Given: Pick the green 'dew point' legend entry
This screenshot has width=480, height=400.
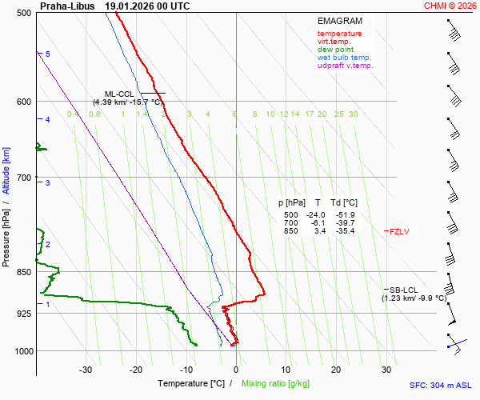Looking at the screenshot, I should pyautogui.click(x=336, y=50).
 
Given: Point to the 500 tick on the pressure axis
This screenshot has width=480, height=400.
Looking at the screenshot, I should pyautogui.click(x=24, y=14).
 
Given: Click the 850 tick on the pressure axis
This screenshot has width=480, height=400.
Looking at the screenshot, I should pyautogui.click(x=24, y=273).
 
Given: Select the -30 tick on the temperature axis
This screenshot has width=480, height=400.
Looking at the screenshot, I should pyautogui.click(x=86, y=370).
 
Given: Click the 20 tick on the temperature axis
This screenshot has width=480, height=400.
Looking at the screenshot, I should pyautogui.click(x=336, y=370).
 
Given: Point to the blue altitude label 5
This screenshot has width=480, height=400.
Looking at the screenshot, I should pyautogui.click(x=48, y=54).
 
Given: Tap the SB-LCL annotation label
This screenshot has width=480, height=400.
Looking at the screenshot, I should pyautogui.click(x=403, y=289).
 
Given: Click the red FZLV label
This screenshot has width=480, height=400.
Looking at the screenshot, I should pyautogui.click(x=399, y=231).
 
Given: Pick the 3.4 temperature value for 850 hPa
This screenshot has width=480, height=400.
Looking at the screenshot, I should pyautogui.click(x=319, y=231).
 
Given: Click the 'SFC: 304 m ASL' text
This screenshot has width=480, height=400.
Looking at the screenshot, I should pyautogui.click(x=441, y=385).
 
